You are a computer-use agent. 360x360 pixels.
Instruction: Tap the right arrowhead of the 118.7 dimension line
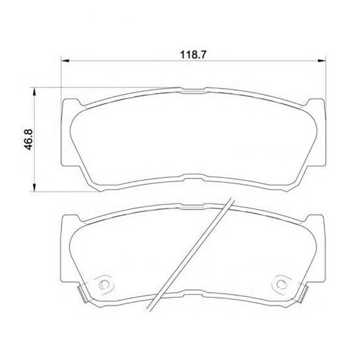(x=322, y=61)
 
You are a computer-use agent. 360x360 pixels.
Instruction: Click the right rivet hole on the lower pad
(x=281, y=284)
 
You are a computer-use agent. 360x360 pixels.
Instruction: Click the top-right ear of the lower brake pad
(x=318, y=219)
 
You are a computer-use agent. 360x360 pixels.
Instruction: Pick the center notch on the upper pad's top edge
(x=193, y=89)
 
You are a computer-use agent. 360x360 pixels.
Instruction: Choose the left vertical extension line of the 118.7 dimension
(x=62, y=76)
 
